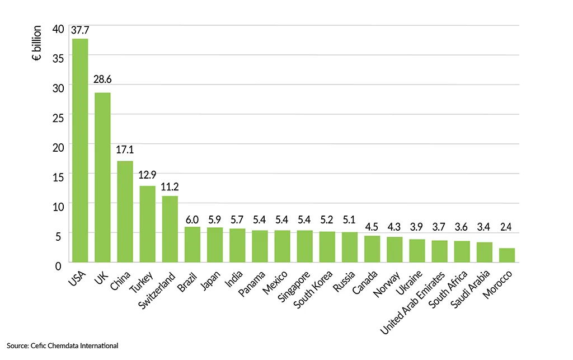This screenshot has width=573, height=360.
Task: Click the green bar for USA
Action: click(80, 150)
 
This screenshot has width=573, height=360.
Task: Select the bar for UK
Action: click(102, 177)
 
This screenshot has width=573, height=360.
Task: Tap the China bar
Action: click(125, 211)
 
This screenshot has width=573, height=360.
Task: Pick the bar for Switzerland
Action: click(170, 228)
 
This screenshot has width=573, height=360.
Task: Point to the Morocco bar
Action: click(507, 255)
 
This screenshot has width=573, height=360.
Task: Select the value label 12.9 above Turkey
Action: click(147, 177)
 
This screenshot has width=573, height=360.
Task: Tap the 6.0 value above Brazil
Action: click(192, 218)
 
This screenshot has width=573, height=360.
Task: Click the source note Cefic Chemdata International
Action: click(63, 346)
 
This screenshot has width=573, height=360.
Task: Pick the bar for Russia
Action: click(350, 247)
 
